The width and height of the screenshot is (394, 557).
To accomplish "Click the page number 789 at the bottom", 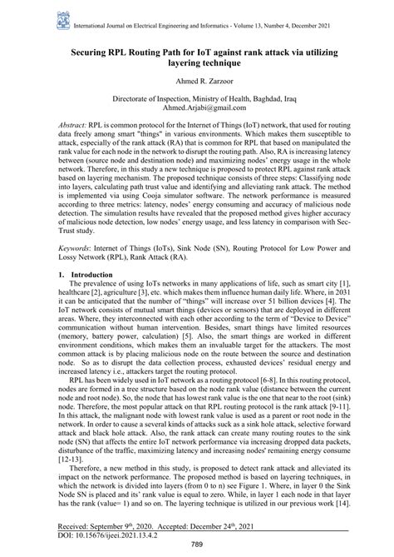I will point(196,545).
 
